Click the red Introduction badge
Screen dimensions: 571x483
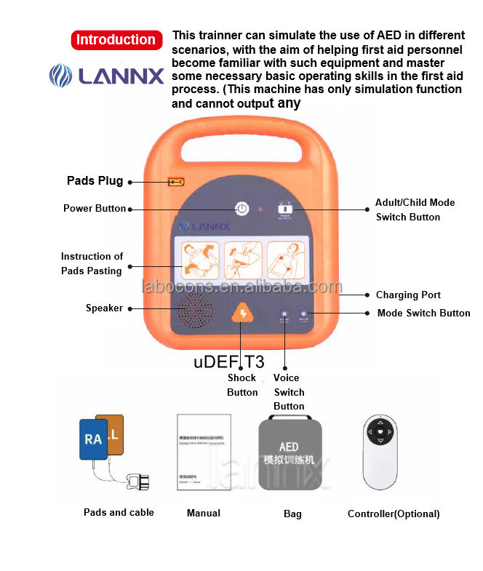coord(116,40)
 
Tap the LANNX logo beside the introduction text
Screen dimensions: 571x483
coord(106,76)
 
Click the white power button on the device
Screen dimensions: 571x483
coord(242,209)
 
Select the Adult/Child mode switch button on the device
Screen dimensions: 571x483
coord(284,209)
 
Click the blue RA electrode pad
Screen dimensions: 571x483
coord(92,439)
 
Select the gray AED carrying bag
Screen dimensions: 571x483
coord(290,454)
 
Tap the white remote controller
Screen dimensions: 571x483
coord(380,452)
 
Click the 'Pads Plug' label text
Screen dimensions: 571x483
coord(95,180)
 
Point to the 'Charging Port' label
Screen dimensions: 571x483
coord(408,295)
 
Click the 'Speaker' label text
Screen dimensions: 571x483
coord(104,308)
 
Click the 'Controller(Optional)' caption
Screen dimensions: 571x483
coord(394,514)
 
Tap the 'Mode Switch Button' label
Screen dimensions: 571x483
coord(423,313)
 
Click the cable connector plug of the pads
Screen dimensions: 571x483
coord(137,482)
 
